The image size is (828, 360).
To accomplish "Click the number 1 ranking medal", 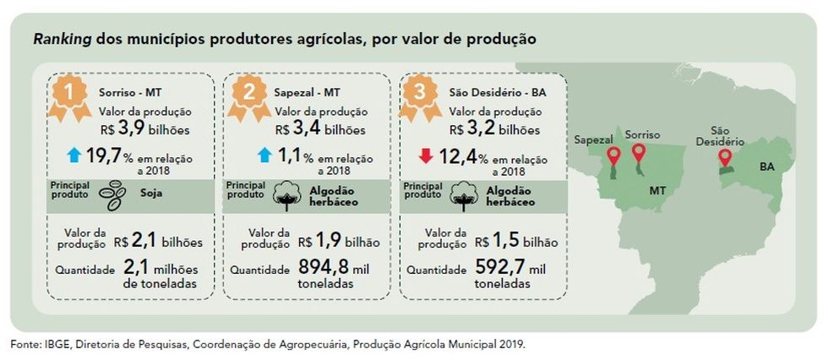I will coord(67,94).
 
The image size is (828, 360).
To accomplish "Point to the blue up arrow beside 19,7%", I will coord(74,155).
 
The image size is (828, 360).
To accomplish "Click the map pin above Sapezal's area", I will coord(614,156).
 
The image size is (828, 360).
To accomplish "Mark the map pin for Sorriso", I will coord(639,153).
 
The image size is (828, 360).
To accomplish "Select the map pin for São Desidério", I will coord(725,158).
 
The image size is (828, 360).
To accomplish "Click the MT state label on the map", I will coord(659,191).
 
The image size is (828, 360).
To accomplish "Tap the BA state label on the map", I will coord(768,166).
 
